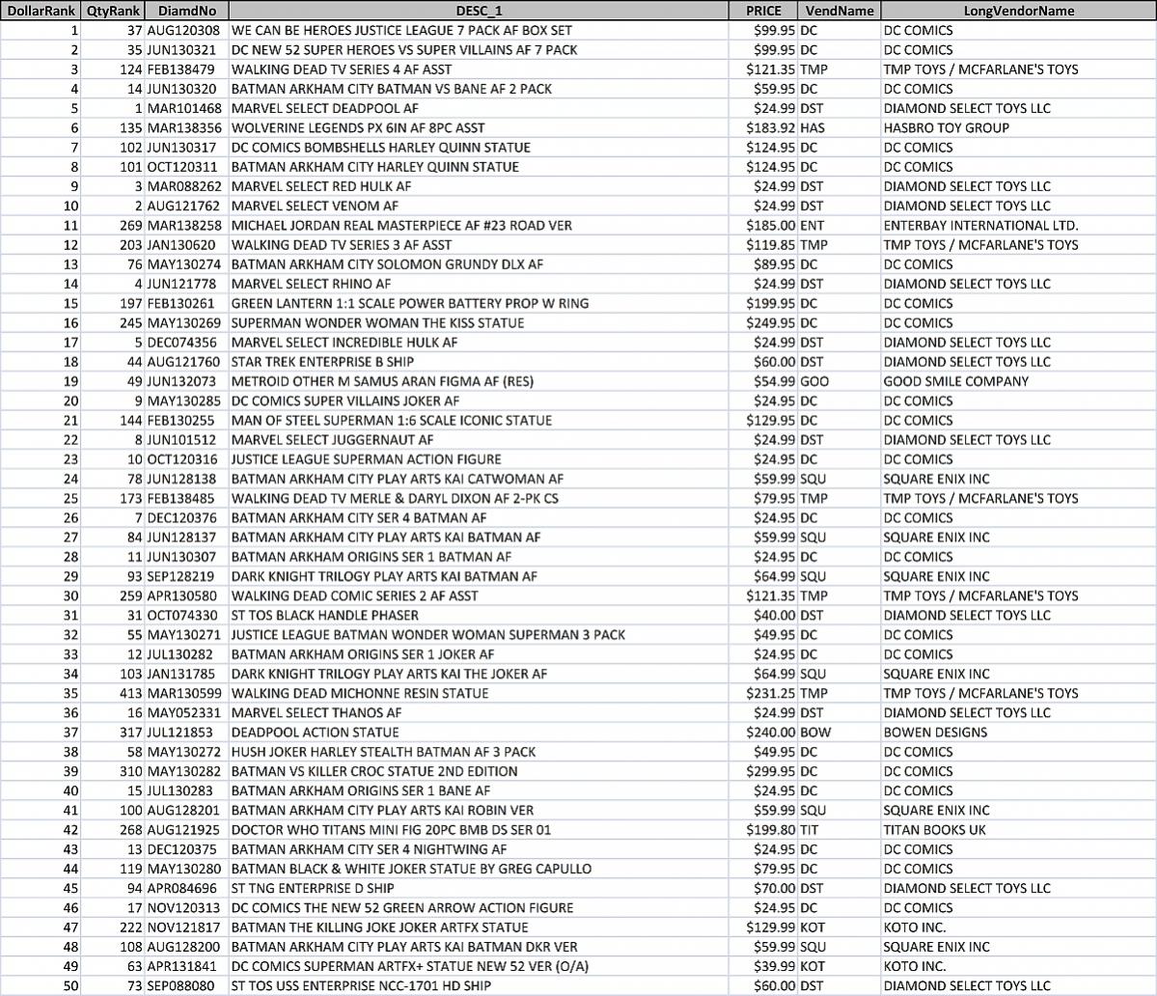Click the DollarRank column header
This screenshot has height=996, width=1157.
tap(40, 11)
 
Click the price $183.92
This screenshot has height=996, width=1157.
tap(771, 127)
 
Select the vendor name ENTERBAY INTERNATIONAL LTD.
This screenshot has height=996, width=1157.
tap(980, 225)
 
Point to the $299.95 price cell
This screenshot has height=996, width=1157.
tap(771, 771)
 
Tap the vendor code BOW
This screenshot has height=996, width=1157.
tap(815, 732)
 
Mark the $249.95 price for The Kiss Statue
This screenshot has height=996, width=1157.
tap(771, 322)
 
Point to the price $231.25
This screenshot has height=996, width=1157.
tap(771, 693)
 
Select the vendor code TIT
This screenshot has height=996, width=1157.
tap(813, 829)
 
